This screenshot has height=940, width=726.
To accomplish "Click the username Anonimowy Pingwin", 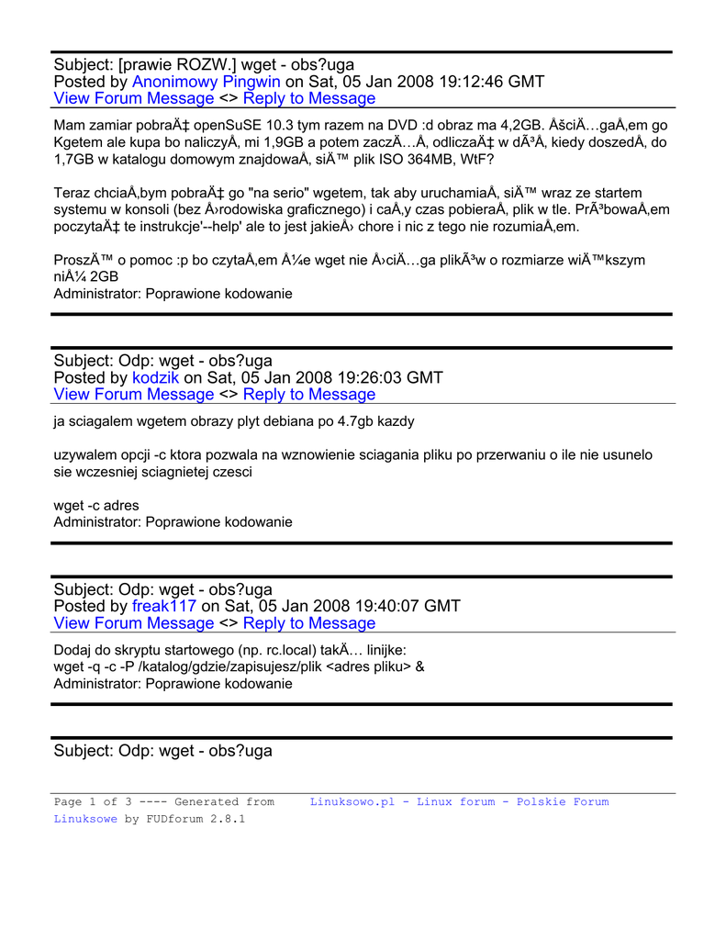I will (207, 82).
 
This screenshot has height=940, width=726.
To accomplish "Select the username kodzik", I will (156, 377).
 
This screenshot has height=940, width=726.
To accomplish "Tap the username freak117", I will (164, 606).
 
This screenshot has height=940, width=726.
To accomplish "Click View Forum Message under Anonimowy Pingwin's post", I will (134, 98).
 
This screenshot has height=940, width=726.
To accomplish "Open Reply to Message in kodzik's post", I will (309, 394).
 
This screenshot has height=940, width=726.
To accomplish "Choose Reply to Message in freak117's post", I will (309, 623).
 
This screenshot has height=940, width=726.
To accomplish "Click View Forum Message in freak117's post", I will (134, 623).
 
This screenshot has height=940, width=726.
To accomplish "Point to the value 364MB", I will (429, 160).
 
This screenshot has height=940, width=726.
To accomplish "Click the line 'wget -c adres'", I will (96, 506).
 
